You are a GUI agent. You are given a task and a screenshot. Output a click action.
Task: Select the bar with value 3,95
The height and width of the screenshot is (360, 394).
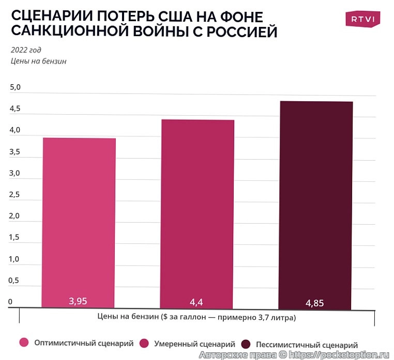[x=79, y=222]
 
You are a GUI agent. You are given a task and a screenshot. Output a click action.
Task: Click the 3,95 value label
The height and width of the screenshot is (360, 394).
[x=79, y=301]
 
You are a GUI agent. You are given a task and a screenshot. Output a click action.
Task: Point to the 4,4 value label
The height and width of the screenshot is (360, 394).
[x=198, y=302]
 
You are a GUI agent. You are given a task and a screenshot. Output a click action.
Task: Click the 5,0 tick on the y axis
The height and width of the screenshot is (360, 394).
[x=15, y=88]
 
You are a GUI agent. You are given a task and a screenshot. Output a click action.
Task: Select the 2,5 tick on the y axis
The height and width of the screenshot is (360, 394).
[x=15, y=195]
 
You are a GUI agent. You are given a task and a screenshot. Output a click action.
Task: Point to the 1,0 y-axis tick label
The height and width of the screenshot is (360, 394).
[x=15, y=259]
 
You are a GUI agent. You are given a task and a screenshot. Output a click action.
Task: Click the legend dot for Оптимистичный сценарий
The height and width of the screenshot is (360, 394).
[x=23, y=342]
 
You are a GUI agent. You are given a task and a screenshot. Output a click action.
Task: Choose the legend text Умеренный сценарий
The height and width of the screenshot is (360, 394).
[x=188, y=343]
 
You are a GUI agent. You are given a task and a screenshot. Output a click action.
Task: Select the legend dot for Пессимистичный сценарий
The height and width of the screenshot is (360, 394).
[x=246, y=344]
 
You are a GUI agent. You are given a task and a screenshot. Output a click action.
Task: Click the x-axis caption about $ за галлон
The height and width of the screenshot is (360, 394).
[x=196, y=317]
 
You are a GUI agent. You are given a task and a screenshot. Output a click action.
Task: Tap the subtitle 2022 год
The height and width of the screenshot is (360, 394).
[x=26, y=50]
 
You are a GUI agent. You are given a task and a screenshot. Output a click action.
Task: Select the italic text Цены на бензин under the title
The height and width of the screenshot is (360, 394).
[x=39, y=61]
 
